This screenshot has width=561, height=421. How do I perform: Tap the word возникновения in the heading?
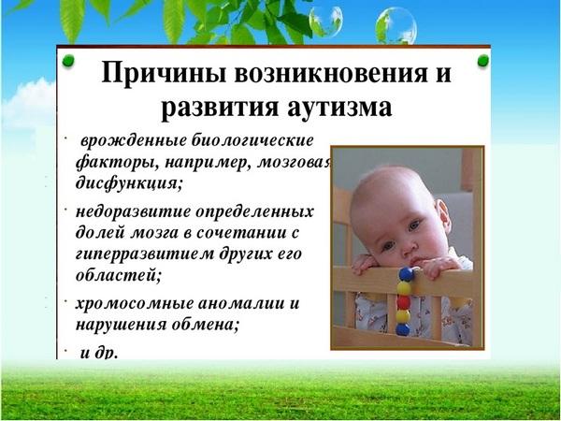(x=331, y=74)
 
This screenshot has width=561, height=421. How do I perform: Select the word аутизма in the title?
(x=339, y=108)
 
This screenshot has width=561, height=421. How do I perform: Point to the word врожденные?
(x=134, y=140)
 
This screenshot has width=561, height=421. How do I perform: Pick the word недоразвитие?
(x=134, y=211)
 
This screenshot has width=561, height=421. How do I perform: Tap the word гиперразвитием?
(x=143, y=254)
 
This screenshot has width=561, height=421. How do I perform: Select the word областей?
(x=119, y=275)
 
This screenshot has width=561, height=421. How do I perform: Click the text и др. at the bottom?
(x=99, y=353)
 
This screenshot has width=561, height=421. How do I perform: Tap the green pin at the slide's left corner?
(x=68, y=61)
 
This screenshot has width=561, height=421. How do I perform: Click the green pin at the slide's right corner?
(x=482, y=61)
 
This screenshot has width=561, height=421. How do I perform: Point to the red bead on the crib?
(x=404, y=302)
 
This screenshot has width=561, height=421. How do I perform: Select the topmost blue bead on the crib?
(x=406, y=274)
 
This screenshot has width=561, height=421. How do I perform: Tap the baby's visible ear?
(x=443, y=217)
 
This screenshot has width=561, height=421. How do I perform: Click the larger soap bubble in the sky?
(x=396, y=26)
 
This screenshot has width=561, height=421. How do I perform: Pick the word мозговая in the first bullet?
(x=295, y=163)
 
